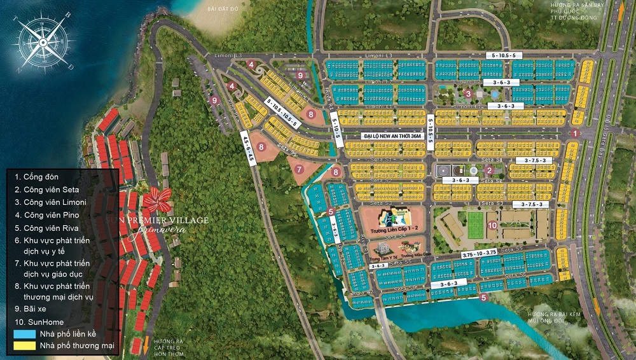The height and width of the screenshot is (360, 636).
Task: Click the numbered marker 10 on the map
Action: tap(492, 225)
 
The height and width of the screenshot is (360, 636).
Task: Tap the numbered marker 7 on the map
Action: tap(300, 169)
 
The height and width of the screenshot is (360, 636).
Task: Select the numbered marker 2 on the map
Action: tap(489, 170)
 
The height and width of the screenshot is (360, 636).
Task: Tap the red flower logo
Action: tap(156, 200)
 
